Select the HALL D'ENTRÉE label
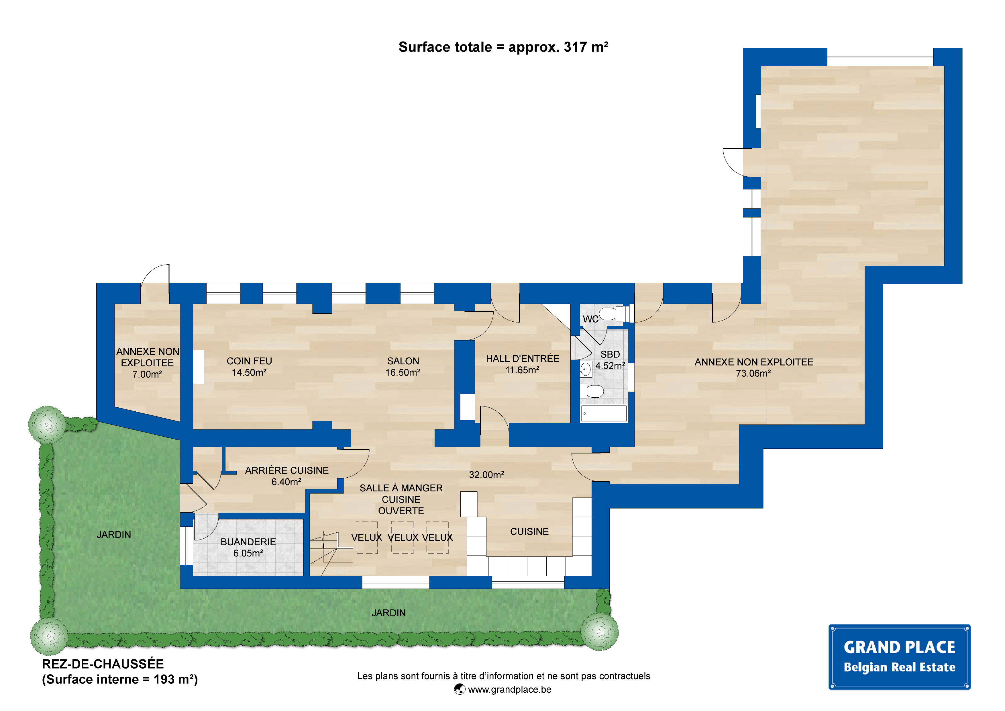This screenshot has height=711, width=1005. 522,358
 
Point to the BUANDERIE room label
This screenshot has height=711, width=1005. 248,542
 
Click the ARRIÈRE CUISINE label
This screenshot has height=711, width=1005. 287,470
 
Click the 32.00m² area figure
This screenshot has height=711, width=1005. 486,475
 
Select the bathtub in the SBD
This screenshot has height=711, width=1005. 604,413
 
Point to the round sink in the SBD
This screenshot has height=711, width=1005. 586,369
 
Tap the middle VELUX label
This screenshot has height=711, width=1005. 402,537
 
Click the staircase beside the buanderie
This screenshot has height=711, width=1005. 331,554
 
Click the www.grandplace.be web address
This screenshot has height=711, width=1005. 509,689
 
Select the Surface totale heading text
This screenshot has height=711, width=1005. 503,47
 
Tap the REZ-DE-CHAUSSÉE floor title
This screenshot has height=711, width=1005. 103,664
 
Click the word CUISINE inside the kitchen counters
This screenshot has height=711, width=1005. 529,532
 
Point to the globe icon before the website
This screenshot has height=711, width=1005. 460,689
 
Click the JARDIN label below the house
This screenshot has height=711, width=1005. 389,613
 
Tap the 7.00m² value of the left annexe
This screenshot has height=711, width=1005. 147,374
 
